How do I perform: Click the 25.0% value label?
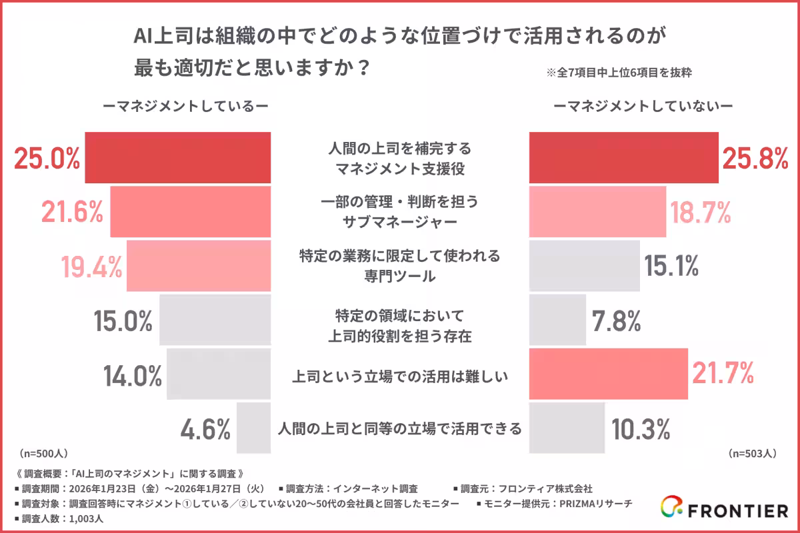pos(47,158)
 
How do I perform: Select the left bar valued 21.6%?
pos(190,212)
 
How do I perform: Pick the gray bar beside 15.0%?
pos(215,320)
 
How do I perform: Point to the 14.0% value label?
pos(133,376)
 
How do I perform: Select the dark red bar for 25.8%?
pos(623,158)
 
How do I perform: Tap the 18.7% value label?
pos(701,213)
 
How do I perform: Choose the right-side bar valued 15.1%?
pos(584,266)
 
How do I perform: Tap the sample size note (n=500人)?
pos(43,453)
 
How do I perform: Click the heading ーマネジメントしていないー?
pos(643,105)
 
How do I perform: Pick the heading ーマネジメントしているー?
pos(185,105)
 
